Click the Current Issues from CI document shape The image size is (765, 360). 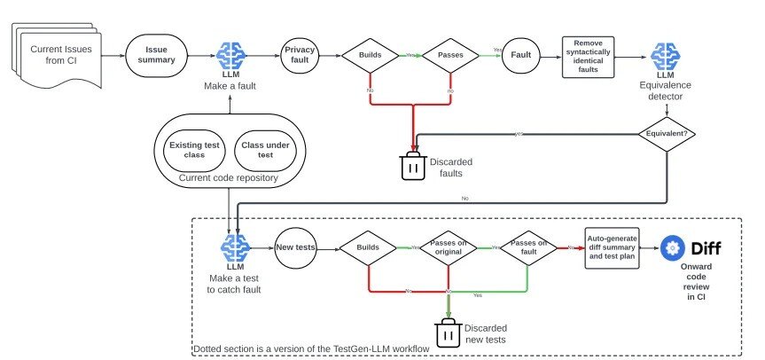click(x=58, y=56)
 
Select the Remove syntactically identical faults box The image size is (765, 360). click(x=589, y=56)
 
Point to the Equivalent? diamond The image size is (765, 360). click(x=665, y=134)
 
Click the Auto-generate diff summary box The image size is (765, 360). click(x=612, y=248)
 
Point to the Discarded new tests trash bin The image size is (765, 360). click(x=446, y=334)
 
